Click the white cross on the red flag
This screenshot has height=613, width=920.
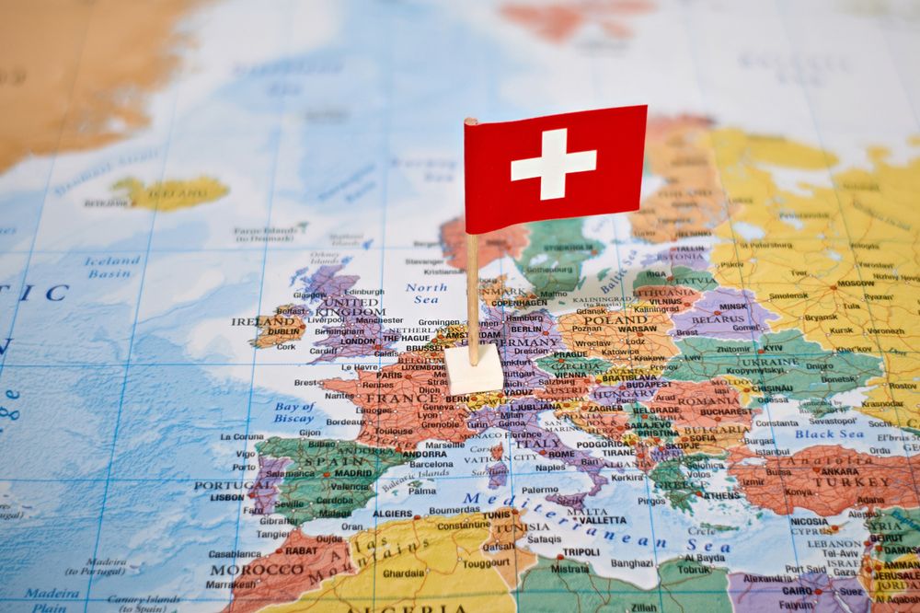tap(553, 163)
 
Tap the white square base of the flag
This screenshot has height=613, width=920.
tap(474, 369)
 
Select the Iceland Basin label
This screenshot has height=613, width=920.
tap(113, 267)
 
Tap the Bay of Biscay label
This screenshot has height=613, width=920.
tap(293, 411)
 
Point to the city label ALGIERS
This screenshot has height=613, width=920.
tap(392, 514)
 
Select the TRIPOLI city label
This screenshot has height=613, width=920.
tap(581, 551)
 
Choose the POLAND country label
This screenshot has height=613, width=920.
tap(615, 319)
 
